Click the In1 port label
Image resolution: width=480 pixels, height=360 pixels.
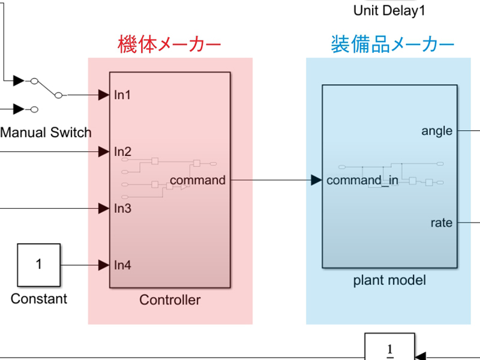pyautogui.click(x=122, y=95)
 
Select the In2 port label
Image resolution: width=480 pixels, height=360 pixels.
pyautogui.click(x=122, y=151)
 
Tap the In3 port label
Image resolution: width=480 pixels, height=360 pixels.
pyautogui.click(x=122, y=208)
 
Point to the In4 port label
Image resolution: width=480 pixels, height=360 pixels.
pyautogui.click(x=122, y=265)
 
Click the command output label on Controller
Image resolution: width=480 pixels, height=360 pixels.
pyautogui.click(x=198, y=180)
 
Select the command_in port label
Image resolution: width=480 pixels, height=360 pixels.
pyautogui.click(x=362, y=181)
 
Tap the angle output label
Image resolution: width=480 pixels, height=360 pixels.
pyautogui.click(x=437, y=131)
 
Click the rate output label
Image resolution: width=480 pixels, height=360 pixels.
pyautogui.click(x=442, y=223)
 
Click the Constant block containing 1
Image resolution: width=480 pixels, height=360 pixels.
pyautogui.click(x=38, y=265)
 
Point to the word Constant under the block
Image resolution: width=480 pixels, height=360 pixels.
pyautogui.click(x=39, y=299)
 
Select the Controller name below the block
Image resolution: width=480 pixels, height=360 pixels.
pyautogui.click(x=170, y=300)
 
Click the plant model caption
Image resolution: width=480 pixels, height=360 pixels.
pyautogui.click(x=389, y=280)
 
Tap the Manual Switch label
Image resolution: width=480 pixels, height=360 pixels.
pyautogui.click(x=46, y=133)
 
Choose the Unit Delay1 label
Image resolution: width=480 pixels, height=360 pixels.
pyautogui.click(x=389, y=10)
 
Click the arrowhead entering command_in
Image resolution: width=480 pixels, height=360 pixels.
pyautogui.click(x=316, y=180)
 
